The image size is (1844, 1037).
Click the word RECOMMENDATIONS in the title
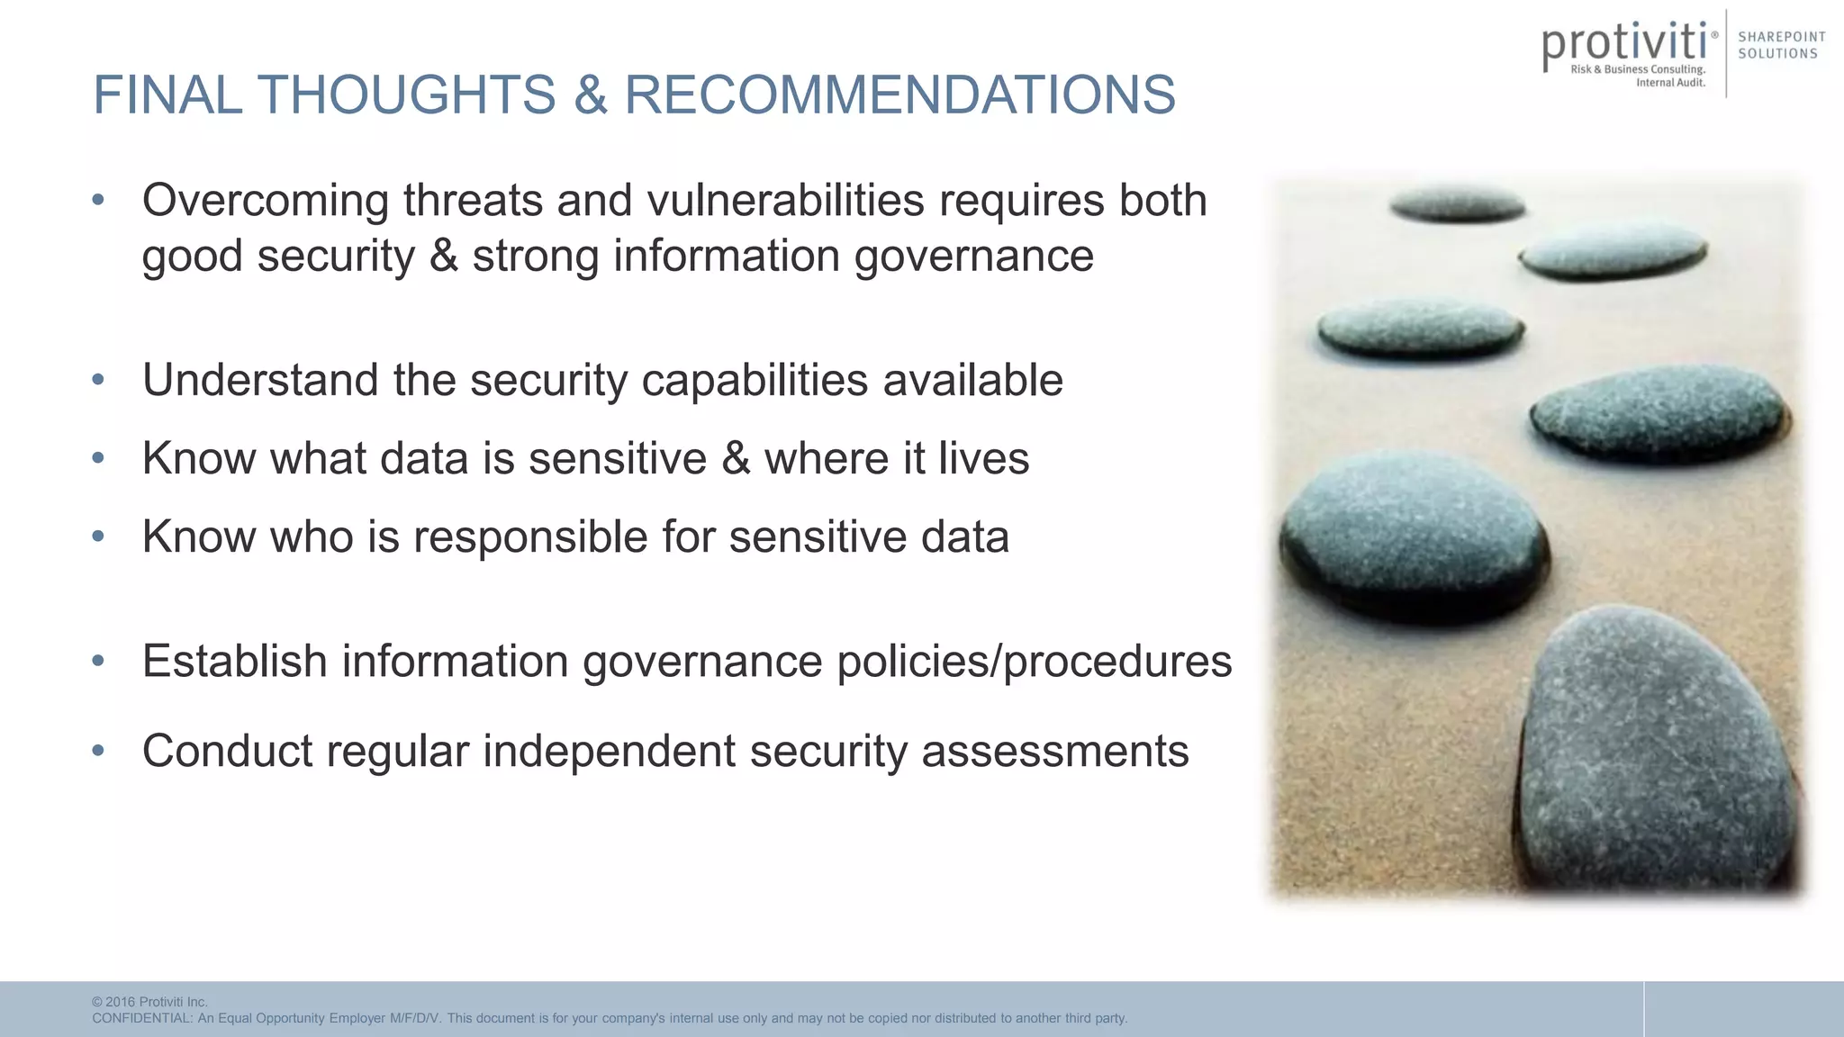(899, 95)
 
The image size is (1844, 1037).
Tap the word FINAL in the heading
(167, 95)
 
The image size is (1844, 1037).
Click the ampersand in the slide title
(590, 95)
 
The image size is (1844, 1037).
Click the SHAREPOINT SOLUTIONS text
(1781, 45)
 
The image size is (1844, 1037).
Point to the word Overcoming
(265, 201)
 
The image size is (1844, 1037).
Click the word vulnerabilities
(785, 200)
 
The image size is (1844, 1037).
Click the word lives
(983, 458)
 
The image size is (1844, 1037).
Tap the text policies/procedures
(1034, 662)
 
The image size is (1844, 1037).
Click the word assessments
(1054, 751)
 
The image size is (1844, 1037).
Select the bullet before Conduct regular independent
(98, 750)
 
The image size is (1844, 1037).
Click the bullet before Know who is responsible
(98, 537)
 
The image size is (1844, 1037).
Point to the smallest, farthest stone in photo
(1457, 206)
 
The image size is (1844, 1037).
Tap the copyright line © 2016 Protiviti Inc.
(149, 1002)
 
